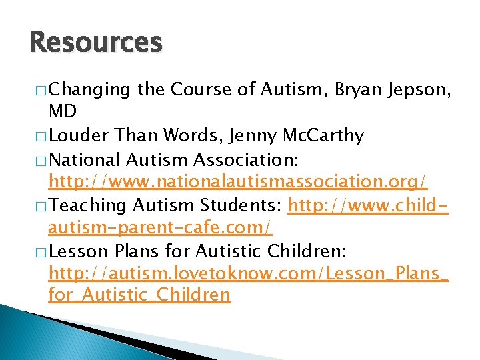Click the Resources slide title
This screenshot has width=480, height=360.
(x=96, y=43)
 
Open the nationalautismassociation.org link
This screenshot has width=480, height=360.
(x=238, y=181)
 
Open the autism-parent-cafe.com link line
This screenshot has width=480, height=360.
(x=160, y=227)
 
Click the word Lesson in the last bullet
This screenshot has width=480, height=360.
(x=75, y=251)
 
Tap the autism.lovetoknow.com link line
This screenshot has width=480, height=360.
(x=249, y=273)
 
